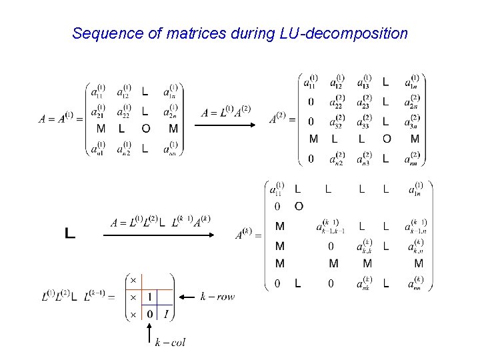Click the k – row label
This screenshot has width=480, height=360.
(217, 297)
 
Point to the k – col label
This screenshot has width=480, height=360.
(170, 343)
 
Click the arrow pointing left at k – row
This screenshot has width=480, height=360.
(186, 297)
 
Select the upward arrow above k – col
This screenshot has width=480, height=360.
(151, 331)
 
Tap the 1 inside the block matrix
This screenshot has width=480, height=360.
(151, 297)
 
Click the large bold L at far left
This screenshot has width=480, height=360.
(70, 233)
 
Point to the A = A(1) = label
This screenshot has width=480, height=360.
(60, 120)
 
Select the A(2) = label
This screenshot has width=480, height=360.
(282, 120)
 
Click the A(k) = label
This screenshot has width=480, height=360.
(249, 235)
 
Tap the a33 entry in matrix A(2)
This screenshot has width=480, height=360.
(364, 121)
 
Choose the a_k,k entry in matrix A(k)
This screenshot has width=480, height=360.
(367, 246)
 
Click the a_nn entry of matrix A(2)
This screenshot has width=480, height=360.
(414, 158)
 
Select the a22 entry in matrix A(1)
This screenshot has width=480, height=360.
(124, 109)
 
